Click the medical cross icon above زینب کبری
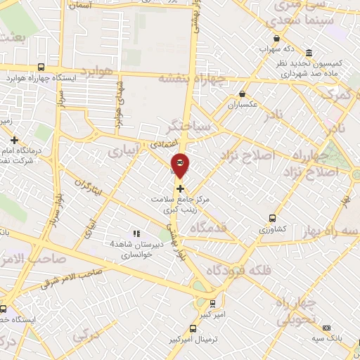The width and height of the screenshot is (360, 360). pos(181,188)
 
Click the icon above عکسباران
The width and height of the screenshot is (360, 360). pos(243,93)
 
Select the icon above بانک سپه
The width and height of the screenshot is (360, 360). pos(326,328)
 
